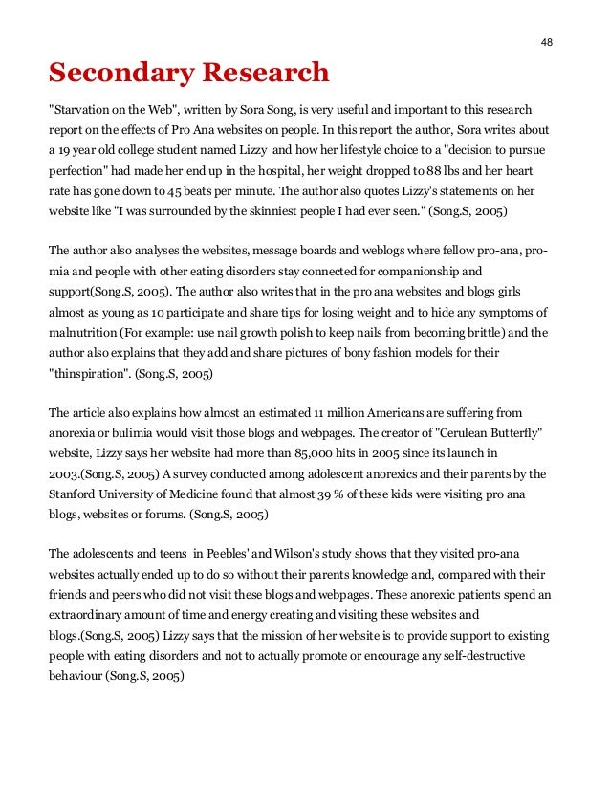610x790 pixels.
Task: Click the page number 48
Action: (546, 41)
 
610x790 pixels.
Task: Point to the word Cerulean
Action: (447, 433)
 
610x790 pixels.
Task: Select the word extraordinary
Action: (89, 616)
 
